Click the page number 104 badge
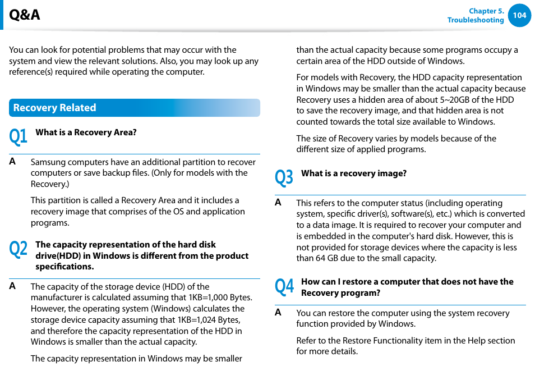tap(519, 15)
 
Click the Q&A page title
tap(25, 15)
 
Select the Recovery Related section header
tap(54, 108)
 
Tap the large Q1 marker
tap(18, 136)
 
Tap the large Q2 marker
tap(18, 249)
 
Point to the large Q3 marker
tap(284, 177)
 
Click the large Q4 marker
tap(284, 286)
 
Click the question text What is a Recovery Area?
tap(86, 132)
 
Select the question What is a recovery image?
tap(353, 173)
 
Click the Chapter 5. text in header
tap(486, 11)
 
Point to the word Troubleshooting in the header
tap(475, 20)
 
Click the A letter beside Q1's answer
tap(12, 162)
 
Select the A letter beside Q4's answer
tap(278, 313)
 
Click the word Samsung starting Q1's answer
tap(47, 162)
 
